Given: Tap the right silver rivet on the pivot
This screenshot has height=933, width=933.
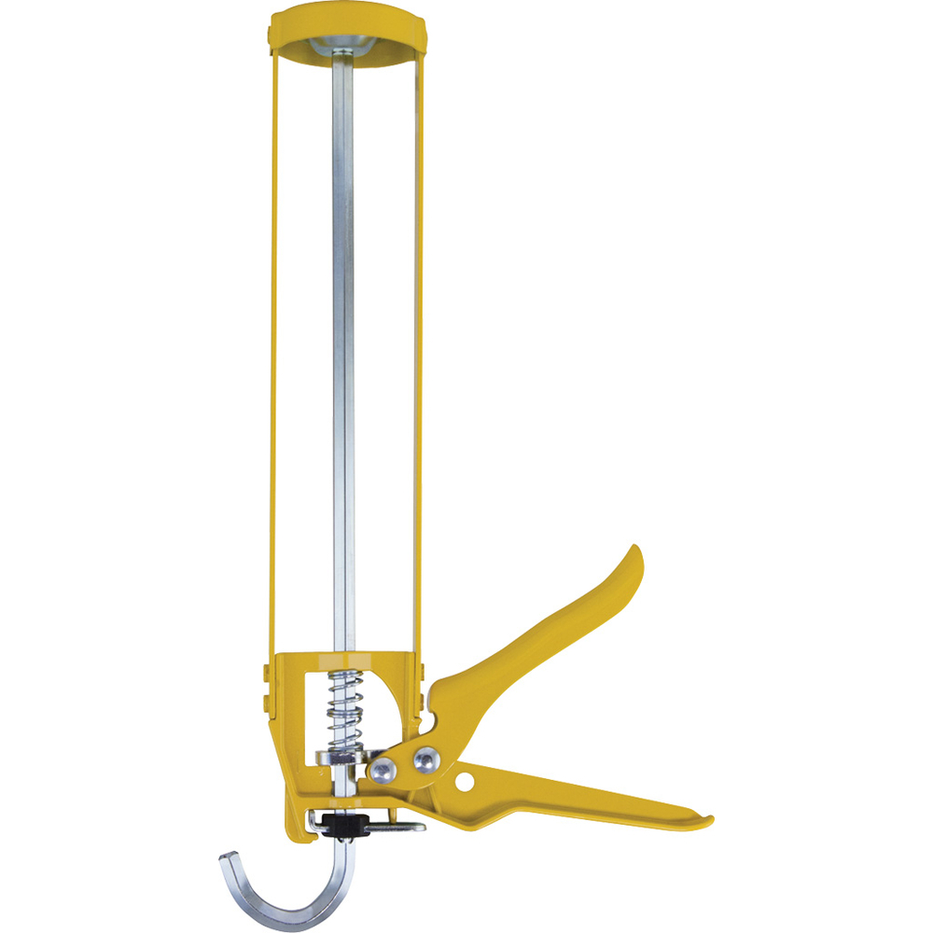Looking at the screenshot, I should click(425, 760).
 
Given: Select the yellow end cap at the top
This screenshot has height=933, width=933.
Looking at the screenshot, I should click(344, 21).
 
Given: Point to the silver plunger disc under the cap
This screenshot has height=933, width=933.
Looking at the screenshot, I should click(344, 48).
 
